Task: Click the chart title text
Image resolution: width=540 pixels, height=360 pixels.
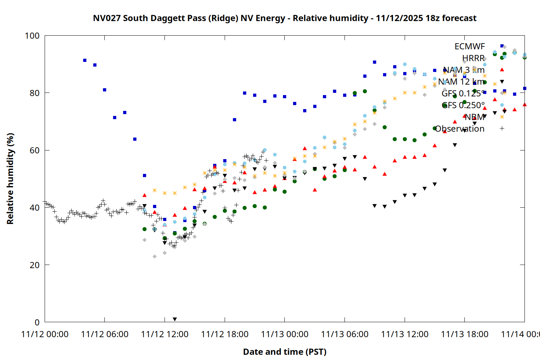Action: (284, 18)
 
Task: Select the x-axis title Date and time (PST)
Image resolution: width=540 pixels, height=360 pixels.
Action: (284, 352)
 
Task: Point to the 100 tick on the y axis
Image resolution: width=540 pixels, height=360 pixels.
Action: (32, 36)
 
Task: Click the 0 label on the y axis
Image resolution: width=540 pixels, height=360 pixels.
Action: (37, 322)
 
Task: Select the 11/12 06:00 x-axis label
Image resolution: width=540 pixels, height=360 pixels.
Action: (104, 334)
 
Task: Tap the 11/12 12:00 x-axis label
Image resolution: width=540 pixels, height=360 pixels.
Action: (165, 334)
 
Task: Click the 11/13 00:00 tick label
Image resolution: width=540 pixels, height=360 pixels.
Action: (284, 334)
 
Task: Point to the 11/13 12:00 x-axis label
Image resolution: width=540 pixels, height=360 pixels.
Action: (405, 334)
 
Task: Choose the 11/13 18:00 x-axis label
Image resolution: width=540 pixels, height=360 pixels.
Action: (464, 334)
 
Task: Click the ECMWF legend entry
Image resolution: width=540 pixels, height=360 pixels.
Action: (469, 46)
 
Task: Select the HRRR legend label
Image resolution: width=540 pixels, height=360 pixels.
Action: (473, 58)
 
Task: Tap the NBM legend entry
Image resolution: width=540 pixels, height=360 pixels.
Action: (474, 117)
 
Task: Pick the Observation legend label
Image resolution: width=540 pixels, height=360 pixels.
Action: (460, 129)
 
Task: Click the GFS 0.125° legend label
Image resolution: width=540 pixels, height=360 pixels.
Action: (463, 94)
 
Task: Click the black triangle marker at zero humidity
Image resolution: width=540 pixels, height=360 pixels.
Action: (175, 319)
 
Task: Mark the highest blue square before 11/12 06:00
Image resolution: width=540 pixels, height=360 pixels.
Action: (85, 60)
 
